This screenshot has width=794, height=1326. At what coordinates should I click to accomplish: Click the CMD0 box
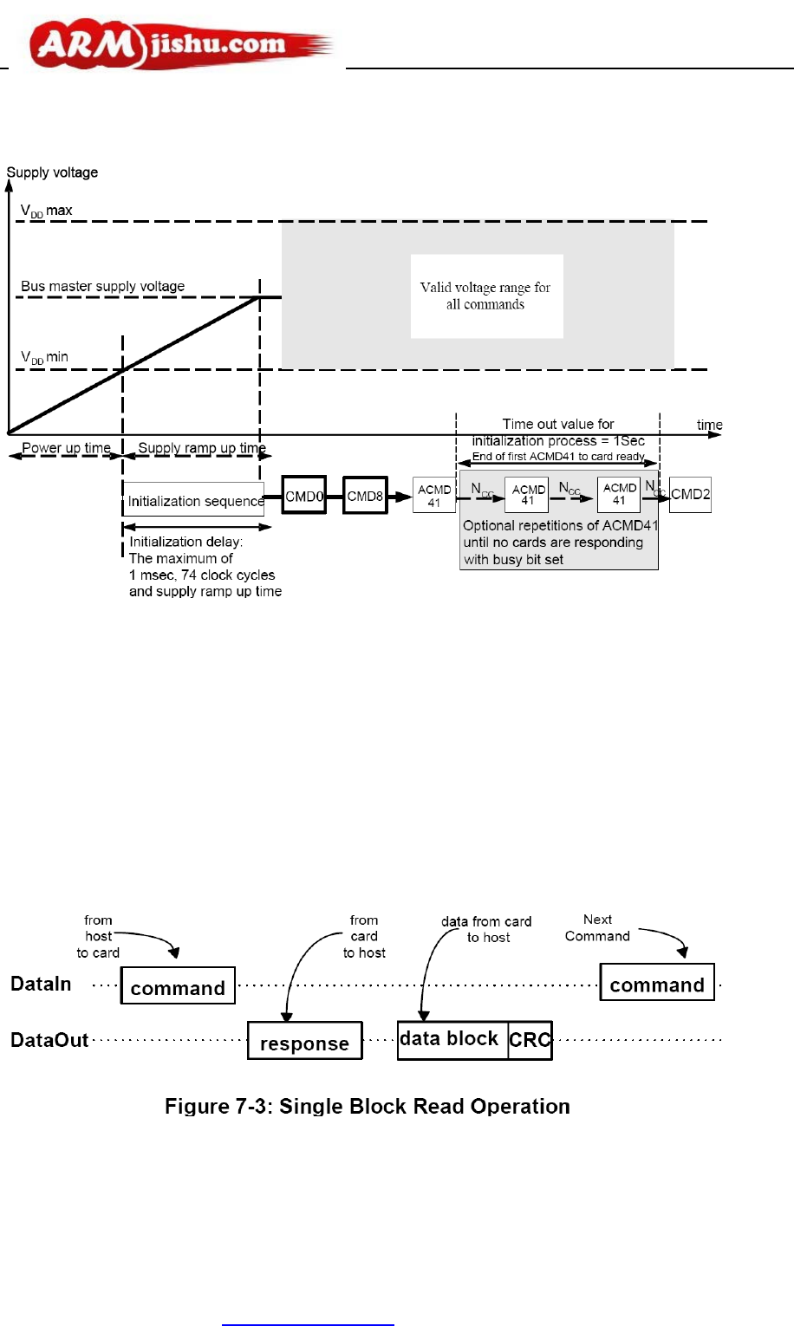304,496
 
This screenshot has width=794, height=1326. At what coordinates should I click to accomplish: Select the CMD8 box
365,496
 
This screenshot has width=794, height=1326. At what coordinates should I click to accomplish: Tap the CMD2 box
690,495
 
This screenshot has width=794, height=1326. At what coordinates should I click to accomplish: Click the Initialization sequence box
194,500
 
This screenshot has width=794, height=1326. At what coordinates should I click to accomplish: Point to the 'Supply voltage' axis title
52,172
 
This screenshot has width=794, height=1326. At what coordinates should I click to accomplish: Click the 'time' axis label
709,425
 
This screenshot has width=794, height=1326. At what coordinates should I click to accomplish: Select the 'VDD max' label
47,211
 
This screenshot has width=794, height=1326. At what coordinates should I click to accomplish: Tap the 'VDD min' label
44,357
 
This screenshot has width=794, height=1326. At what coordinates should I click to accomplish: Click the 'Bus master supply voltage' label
102,286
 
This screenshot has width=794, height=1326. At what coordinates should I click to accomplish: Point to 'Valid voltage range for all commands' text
485,296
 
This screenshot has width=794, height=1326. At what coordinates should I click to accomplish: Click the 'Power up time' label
66,448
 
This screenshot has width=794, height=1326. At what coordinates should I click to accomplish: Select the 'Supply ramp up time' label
202,448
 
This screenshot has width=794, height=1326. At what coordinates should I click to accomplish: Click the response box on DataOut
304,1043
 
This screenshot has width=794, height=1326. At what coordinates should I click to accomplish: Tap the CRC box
530,1040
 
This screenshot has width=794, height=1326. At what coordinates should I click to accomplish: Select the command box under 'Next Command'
657,985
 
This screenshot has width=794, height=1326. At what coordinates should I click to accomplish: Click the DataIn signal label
41,984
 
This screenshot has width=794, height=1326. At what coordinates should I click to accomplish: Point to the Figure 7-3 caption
368,1107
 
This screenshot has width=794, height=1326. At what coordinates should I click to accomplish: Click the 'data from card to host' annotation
486,929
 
